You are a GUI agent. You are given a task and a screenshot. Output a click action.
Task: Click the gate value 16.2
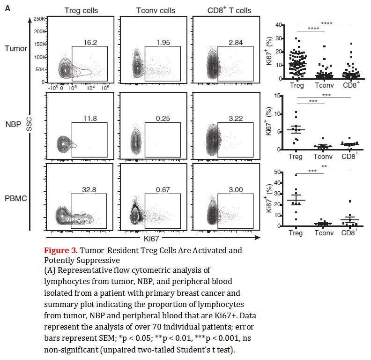90,42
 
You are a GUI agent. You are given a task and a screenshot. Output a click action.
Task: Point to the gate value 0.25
163,118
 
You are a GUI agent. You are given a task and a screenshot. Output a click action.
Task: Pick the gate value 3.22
236,118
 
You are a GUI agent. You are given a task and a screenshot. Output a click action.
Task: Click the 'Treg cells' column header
81,10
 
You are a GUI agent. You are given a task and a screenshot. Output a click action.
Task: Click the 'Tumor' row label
15,48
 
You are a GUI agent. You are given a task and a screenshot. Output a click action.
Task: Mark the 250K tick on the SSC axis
39,19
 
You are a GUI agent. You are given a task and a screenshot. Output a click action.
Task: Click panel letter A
7,7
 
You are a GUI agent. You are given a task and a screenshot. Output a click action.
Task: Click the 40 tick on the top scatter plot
278,24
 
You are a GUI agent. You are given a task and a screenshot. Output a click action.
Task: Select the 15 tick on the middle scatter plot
278,96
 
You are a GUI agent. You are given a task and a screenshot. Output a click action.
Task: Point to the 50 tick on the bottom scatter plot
278,172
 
